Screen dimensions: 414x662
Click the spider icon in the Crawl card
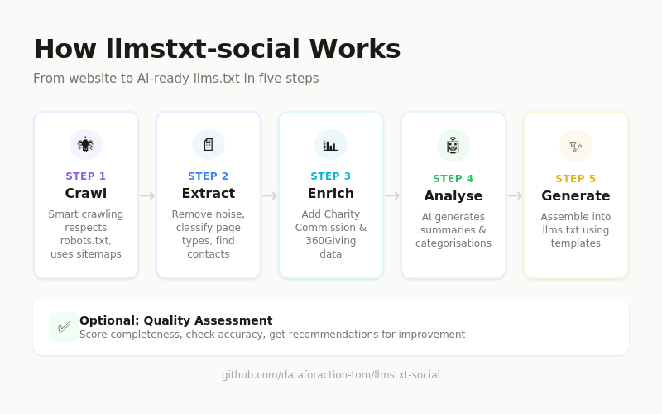click(x=85, y=144)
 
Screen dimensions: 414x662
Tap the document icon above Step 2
click(x=208, y=144)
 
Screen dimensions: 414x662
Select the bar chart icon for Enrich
click(x=330, y=145)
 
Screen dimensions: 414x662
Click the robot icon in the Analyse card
click(x=453, y=146)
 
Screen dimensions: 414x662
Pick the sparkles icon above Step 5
click(x=575, y=146)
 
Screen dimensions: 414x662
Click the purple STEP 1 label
click(x=86, y=176)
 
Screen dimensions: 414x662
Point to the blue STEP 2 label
click(x=209, y=176)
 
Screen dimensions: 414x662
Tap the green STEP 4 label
click(x=453, y=179)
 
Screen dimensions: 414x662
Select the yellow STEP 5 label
click(x=576, y=179)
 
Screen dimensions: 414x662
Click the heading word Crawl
click(x=86, y=194)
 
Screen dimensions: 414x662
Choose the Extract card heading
click(x=209, y=194)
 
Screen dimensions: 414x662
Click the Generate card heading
click(x=576, y=196)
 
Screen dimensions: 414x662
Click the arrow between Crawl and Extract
click(x=147, y=195)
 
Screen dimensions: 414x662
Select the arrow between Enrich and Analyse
click(x=392, y=195)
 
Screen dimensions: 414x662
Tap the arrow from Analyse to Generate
click(x=515, y=195)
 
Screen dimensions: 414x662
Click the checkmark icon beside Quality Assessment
click(x=64, y=327)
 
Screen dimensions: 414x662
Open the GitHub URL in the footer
click(x=331, y=375)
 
